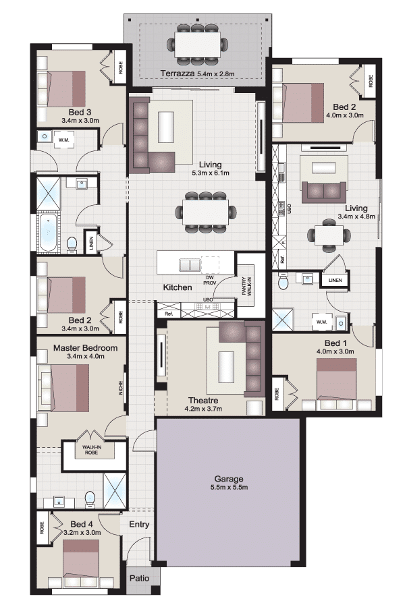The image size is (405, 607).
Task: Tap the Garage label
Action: pyautogui.click(x=229, y=479)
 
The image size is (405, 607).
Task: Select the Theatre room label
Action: pyautogui.click(x=203, y=400)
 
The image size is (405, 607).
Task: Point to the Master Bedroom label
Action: pyautogui.click(x=85, y=347)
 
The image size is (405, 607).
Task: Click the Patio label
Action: pyautogui.click(x=140, y=578)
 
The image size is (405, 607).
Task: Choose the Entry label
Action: pyautogui.click(x=139, y=524)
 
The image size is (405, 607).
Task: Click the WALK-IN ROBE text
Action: pyautogui.click(x=90, y=449)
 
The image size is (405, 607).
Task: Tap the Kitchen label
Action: pyautogui.click(x=178, y=287)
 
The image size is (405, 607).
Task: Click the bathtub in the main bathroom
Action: pyautogui.click(x=49, y=233)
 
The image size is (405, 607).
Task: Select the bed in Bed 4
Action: pyautogui.click(x=81, y=563)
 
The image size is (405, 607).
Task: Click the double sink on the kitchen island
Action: pyautogui.click(x=190, y=265)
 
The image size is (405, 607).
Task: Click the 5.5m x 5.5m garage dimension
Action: pyautogui.click(x=229, y=488)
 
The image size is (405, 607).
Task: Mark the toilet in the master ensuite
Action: pyautogui.click(x=90, y=498)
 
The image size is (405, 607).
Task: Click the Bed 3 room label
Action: pyautogui.click(x=80, y=112)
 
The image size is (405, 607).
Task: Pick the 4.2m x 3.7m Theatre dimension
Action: pyautogui.click(x=203, y=409)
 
